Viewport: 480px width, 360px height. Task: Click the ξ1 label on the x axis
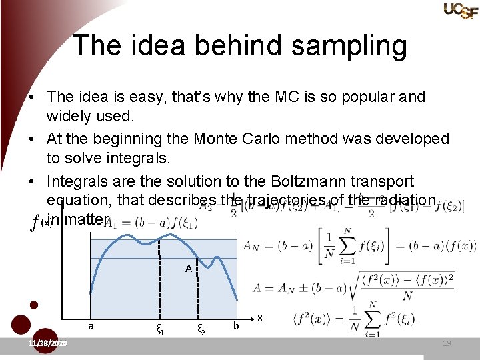click(x=159, y=328)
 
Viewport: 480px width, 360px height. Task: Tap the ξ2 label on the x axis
click(x=199, y=328)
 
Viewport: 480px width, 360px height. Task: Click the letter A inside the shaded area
click(x=189, y=269)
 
